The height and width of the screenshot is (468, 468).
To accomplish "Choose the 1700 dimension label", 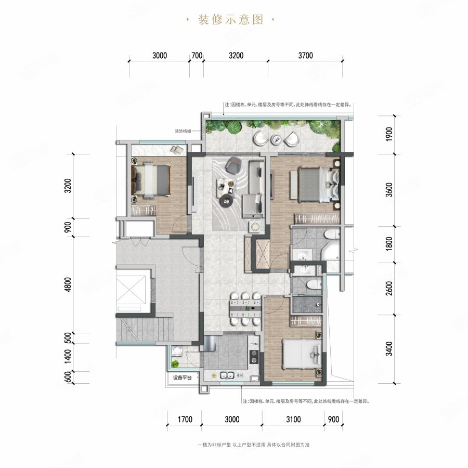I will point(185,419).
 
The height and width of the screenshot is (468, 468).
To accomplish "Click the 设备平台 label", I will point(179,378).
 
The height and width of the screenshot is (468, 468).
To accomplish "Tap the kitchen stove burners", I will point(254,356).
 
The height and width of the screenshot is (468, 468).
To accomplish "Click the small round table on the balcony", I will point(276,139).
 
